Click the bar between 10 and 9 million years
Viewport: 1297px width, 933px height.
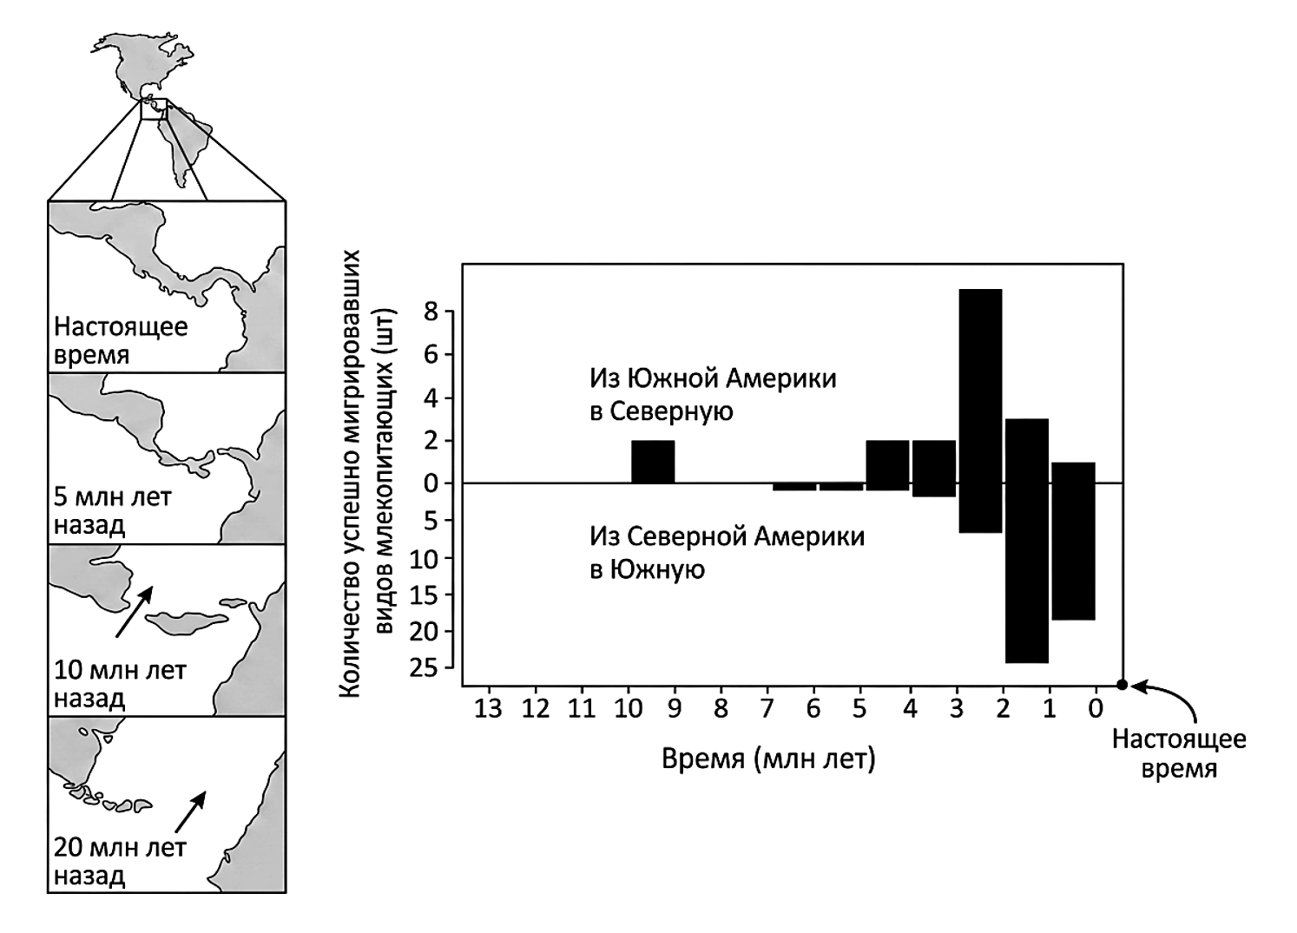(x=653, y=462)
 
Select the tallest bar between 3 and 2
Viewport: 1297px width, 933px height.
(x=980, y=411)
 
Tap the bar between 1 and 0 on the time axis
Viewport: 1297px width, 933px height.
(x=1074, y=542)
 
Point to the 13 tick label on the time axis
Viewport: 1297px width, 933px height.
(x=488, y=708)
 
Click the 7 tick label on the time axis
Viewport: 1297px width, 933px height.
(x=767, y=708)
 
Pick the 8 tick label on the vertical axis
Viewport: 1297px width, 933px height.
(x=431, y=312)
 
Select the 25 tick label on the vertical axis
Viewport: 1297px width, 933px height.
(x=425, y=668)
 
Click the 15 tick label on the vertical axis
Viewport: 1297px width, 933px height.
(x=425, y=595)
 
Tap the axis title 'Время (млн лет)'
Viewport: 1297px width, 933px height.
(x=768, y=759)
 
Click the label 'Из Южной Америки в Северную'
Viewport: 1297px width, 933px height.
(x=713, y=395)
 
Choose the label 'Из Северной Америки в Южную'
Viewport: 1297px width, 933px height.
(x=727, y=554)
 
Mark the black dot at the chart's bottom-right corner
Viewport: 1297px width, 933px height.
(x=1123, y=685)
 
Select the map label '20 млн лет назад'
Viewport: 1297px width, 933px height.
(x=120, y=861)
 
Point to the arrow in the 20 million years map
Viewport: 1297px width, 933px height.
(x=190, y=811)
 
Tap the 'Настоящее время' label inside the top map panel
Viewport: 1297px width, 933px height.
(x=121, y=340)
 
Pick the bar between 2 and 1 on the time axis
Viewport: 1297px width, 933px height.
(x=1027, y=541)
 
